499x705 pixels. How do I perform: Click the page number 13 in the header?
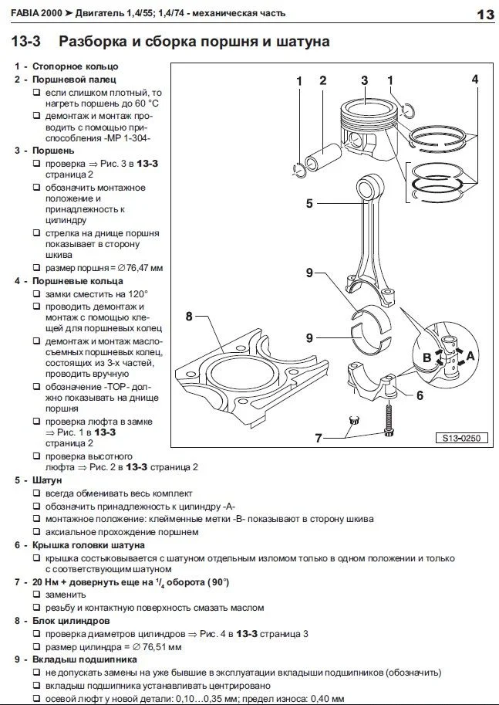pyautogui.click(x=484, y=15)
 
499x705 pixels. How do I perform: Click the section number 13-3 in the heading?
pyautogui.click(x=28, y=41)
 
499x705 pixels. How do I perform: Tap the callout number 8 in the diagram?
pyautogui.click(x=188, y=315)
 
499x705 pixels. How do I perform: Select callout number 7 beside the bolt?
pyautogui.click(x=317, y=439)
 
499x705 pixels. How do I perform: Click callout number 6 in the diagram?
pyautogui.click(x=419, y=395)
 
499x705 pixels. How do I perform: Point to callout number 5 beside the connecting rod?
pyautogui.click(x=309, y=203)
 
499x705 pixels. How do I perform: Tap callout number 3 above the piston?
pyautogui.click(x=364, y=80)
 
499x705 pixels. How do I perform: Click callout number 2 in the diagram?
pyautogui.click(x=322, y=80)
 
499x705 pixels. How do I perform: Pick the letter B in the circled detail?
pyautogui.click(x=426, y=358)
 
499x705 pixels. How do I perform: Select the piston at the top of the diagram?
pyautogui.click(x=365, y=127)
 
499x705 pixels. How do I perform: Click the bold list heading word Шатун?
pyautogui.click(x=39, y=480)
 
